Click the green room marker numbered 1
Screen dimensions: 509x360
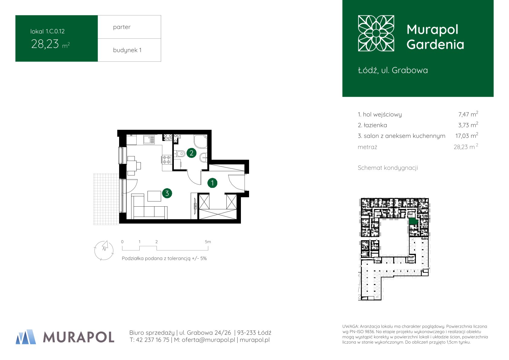point(212,183)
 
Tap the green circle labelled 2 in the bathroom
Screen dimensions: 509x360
point(192,153)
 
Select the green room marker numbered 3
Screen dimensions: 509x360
point(167,193)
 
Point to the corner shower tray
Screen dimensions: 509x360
point(201,142)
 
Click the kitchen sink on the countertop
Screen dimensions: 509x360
point(149,139)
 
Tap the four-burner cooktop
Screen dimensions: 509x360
point(167,159)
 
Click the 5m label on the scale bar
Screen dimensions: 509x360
point(208,242)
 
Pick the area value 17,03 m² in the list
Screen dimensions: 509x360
point(467,136)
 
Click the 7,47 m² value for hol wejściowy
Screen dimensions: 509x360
point(468,114)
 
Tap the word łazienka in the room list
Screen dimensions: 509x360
point(375,125)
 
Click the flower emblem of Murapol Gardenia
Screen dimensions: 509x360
point(376,33)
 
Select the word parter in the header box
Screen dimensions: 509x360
point(122,27)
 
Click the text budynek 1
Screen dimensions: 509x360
point(127,50)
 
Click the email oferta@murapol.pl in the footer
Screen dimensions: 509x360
point(208,340)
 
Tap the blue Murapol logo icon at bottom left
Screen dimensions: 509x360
point(26,337)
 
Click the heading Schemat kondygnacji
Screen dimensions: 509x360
point(388,168)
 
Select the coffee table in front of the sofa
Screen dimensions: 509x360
point(154,196)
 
